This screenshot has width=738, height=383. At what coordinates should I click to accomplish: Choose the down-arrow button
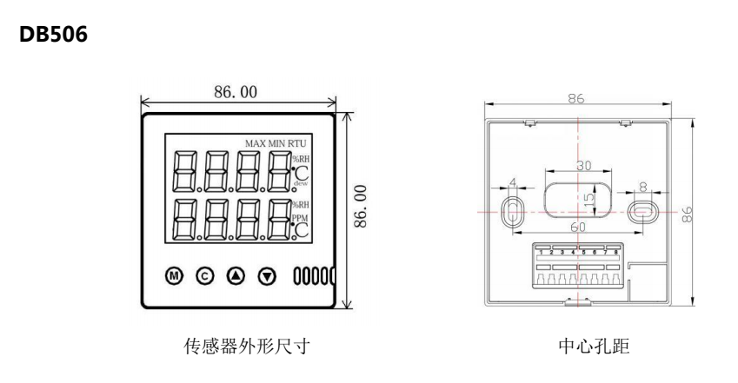point(267,275)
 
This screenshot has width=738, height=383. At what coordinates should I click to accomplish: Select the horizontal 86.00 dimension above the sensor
point(236,91)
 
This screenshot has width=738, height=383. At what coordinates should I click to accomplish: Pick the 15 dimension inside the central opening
point(588,200)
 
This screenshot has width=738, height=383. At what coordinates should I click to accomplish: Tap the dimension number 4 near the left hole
point(513,183)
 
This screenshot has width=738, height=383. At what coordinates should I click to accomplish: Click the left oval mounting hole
point(513,208)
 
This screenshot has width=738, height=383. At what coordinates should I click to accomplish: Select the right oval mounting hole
point(642,211)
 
